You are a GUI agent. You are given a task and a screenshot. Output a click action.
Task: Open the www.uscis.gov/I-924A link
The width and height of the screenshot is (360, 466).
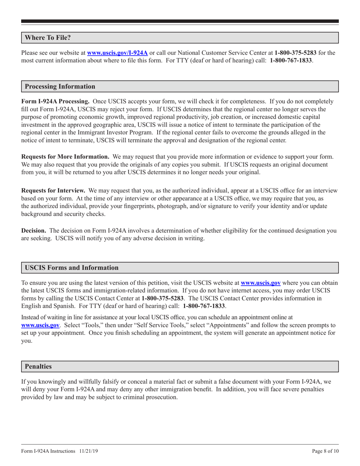[x=117, y=53]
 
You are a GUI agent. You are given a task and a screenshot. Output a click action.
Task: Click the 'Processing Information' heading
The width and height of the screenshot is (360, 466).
[x=60, y=86]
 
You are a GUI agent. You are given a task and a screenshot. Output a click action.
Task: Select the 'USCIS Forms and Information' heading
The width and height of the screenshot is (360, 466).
[x=72, y=267]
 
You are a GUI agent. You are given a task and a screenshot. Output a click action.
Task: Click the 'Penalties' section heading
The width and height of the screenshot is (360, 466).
[x=38, y=366]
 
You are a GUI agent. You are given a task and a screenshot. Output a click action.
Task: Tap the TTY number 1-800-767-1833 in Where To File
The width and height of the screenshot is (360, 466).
[x=291, y=60]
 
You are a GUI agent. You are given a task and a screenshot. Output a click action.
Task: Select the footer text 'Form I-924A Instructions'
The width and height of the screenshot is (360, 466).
[x=49, y=452]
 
